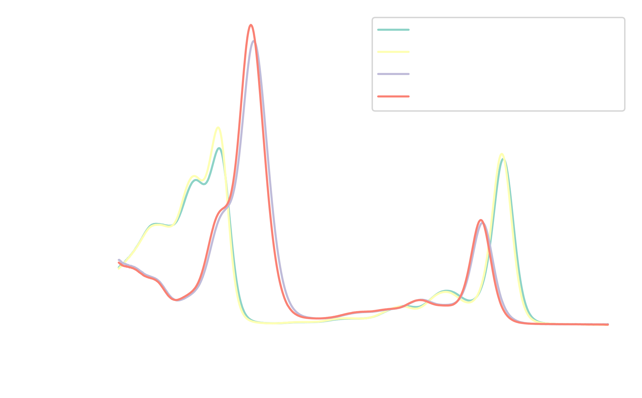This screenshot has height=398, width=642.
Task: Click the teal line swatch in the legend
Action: point(393,30)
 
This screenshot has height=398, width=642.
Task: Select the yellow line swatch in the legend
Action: point(393,52)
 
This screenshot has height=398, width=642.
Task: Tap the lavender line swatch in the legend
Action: point(393,74)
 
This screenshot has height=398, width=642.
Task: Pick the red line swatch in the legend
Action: point(393,96)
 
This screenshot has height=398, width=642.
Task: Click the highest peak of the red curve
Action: point(251,25)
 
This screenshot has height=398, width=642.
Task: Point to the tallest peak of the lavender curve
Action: point(253,41)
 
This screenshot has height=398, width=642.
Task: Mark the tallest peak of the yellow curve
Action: point(218,127)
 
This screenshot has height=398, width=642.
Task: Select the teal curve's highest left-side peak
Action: point(219,148)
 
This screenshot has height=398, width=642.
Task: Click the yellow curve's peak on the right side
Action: point(502,154)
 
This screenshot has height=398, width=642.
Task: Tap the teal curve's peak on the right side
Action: point(503,159)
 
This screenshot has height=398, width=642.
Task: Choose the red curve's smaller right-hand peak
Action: point(481,220)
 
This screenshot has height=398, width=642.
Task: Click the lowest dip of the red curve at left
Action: point(176,300)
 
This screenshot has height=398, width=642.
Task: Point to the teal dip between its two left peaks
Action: point(204,184)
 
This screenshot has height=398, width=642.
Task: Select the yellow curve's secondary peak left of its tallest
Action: point(194,176)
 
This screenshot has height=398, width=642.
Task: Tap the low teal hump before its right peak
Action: point(446,290)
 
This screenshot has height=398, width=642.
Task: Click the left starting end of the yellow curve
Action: point(118,269)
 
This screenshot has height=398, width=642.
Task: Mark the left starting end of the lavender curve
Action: point(119,260)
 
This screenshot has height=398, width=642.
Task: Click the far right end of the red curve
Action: point(608,325)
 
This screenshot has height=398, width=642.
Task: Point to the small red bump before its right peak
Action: point(420,300)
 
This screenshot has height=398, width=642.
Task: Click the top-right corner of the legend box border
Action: point(624,18)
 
